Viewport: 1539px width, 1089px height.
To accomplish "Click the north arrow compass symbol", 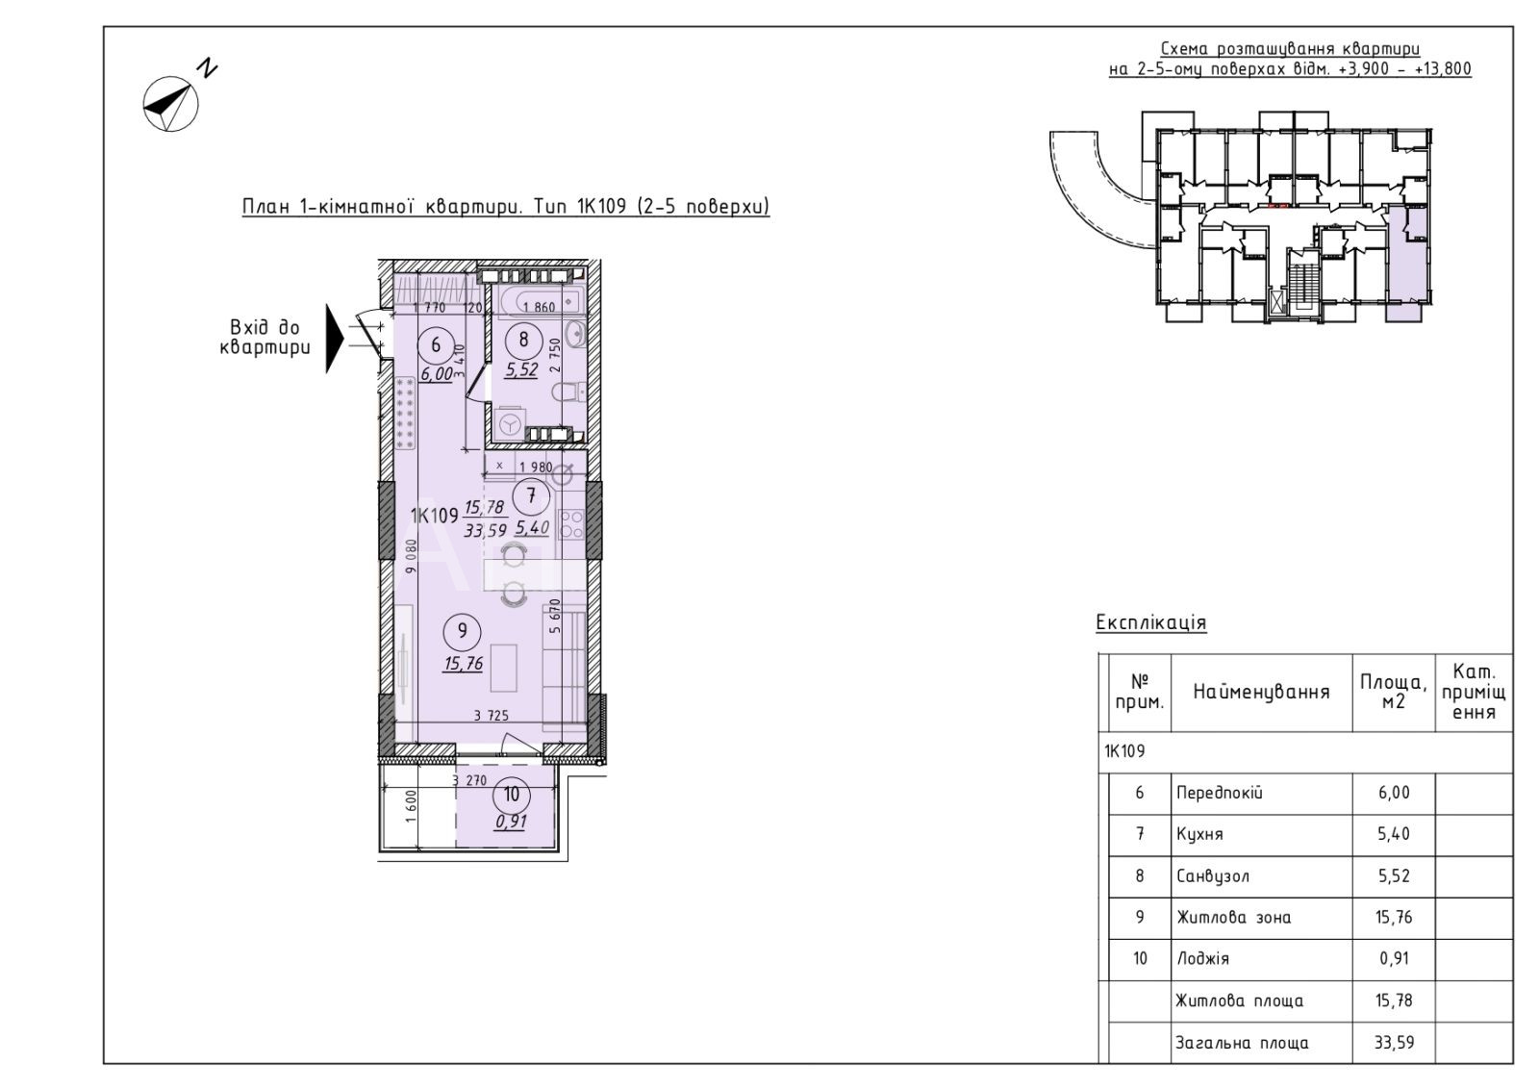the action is [170, 105].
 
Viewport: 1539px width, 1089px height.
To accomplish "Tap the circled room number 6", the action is [436, 344].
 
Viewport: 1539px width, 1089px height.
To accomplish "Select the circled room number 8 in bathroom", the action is [523, 340].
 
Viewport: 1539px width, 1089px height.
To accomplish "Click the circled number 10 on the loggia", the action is [512, 795].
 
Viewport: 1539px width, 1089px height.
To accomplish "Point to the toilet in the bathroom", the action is [568, 393].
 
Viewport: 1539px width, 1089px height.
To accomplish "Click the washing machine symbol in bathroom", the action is [509, 424].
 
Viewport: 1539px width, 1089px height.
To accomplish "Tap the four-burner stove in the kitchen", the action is [571, 524].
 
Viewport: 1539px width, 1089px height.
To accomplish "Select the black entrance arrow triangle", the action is [334, 338].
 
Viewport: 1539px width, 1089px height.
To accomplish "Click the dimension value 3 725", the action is [492, 716].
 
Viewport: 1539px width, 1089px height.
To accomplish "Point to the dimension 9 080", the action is [411, 556].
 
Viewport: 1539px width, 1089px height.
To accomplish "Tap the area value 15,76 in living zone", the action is [464, 664].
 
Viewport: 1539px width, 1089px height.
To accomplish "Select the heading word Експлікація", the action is [1150, 622].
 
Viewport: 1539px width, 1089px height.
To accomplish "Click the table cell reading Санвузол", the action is [1213, 876].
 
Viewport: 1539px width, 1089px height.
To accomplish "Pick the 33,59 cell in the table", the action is [1394, 1043].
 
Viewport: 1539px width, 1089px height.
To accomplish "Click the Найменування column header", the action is [1261, 692].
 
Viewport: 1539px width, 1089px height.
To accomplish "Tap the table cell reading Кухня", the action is [1199, 835].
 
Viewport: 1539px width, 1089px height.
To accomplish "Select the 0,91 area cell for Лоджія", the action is [1394, 958].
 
